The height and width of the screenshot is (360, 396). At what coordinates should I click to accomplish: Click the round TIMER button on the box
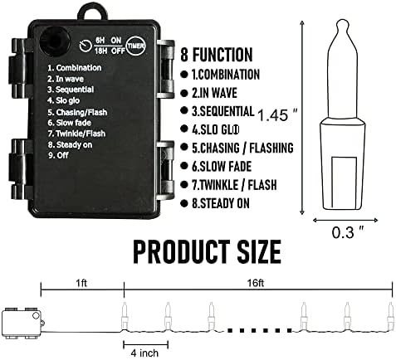[x=135, y=46]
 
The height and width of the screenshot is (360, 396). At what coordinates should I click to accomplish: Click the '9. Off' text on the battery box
[x=58, y=155]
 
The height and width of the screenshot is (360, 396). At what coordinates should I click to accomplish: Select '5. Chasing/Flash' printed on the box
[x=77, y=112]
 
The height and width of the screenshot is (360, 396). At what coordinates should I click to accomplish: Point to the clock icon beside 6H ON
[x=86, y=46]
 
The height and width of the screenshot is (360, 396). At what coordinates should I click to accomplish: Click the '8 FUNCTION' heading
[x=217, y=55]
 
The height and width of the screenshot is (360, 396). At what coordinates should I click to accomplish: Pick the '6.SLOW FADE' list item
[x=222, y=166]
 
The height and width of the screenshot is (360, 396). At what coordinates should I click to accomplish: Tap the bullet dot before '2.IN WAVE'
[x=183, y=93]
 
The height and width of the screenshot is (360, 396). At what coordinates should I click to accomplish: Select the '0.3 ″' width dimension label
[x=348, y=231]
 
